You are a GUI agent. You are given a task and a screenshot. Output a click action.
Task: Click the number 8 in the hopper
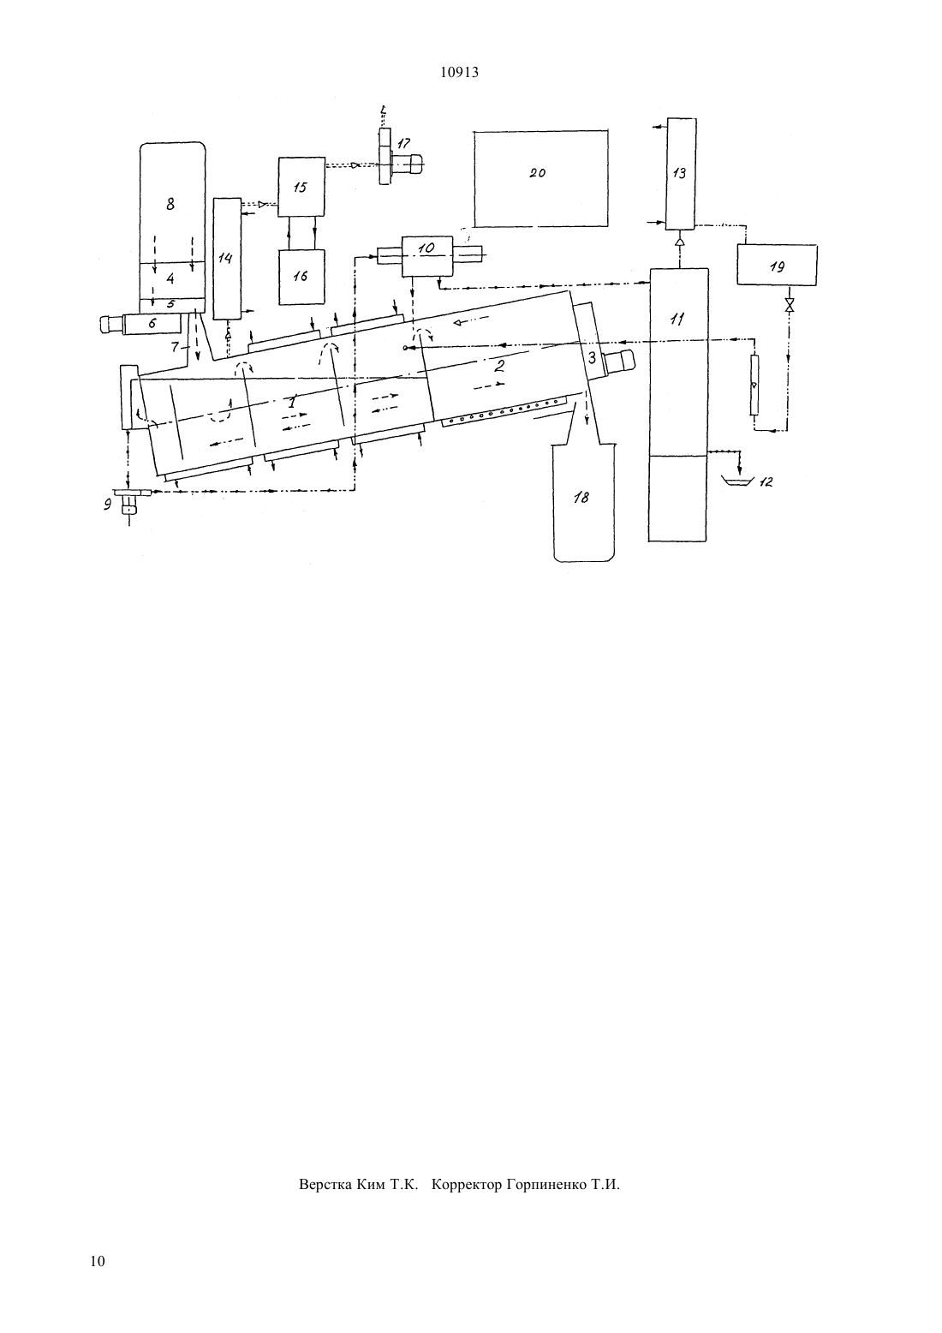coord(170,204)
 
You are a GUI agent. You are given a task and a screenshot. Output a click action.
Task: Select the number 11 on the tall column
coord(677,319)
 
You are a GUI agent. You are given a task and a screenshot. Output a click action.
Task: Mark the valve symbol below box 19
coord(790,306)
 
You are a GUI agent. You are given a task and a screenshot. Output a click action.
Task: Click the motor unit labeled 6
coord(152,325)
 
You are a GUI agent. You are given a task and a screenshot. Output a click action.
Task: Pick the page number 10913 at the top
coord(459,73)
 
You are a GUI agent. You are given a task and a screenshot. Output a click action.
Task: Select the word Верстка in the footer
coord(325,1184)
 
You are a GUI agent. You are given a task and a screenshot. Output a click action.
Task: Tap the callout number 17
coord(404,143)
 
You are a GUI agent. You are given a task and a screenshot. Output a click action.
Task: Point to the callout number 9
coord(108,505)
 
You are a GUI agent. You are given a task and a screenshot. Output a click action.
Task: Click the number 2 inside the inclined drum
coord(499,367)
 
